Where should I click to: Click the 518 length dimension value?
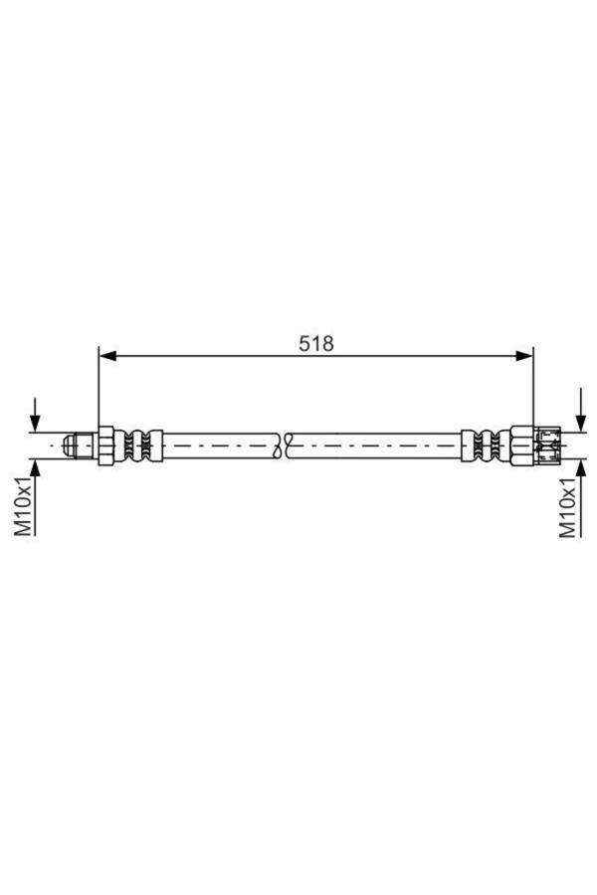tap(316, 343)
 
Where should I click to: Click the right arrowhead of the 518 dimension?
tap(524, 355)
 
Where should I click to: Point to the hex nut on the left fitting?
tap(105, 444)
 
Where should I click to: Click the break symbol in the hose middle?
tap(286, 444)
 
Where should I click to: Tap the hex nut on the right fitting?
tap(521, 444)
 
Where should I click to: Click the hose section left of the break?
tap(219, 444)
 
